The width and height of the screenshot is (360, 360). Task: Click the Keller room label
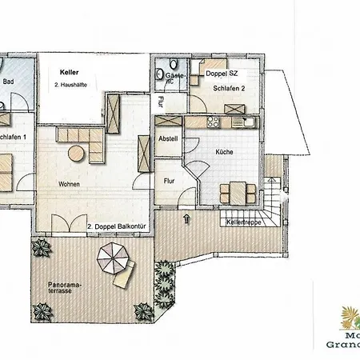coord(69,72)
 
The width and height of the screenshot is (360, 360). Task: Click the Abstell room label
coord(168,138)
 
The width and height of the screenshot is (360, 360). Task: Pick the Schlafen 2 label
coord(214,88)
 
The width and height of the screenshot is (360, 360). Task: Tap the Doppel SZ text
coord(222,74)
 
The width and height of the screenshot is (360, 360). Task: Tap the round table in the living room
coord(77,152)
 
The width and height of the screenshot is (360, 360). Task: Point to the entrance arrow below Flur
coord(186,217)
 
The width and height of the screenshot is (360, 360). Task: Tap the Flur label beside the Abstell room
coord(170,181)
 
